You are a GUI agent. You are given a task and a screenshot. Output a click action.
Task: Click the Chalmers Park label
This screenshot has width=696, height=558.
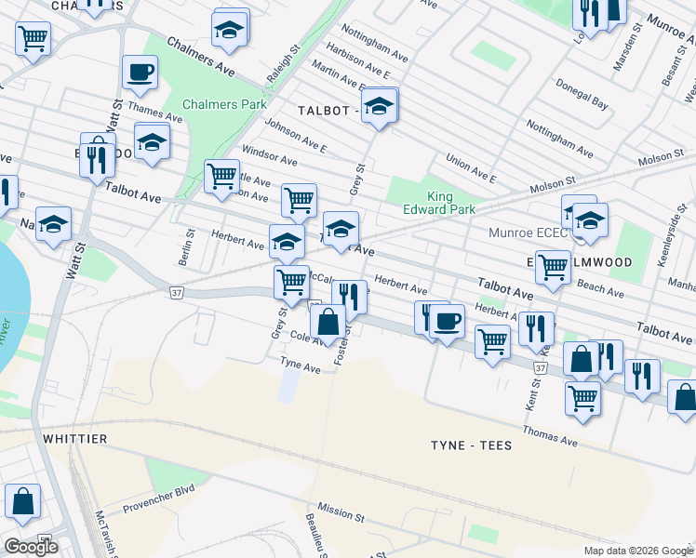coord(224,104)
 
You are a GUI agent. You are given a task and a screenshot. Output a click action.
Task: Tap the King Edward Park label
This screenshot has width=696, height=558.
coord(451,203)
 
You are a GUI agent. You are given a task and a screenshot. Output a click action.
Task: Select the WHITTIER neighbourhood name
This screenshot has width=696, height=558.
coord(74,437)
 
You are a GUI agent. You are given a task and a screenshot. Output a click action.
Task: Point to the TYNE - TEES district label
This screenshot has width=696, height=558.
coord(471,445)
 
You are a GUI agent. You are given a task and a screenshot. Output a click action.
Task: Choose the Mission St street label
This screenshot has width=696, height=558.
coord(341,512)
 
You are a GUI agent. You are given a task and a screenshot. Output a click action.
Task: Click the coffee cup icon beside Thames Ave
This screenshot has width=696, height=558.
coord(140,73)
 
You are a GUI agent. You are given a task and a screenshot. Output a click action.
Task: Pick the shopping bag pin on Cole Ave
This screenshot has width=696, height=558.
coord(328,322)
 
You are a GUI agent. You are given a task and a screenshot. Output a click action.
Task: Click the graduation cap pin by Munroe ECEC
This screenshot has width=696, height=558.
coord(590,221)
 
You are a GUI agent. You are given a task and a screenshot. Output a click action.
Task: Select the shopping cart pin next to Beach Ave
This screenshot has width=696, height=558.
coord(554,268)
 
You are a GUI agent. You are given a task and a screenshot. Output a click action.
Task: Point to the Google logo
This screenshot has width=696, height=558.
coord(31,547)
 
